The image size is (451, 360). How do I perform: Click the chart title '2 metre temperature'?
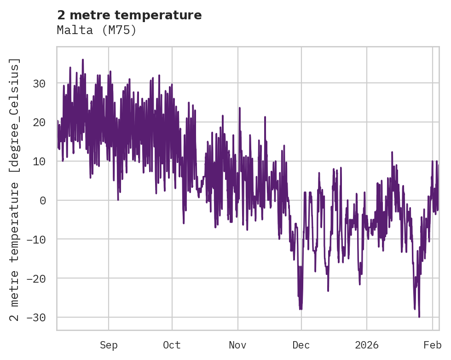(129, 15)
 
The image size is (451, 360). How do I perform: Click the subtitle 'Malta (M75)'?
(97, 30)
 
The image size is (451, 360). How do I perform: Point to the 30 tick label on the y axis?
(40, 83)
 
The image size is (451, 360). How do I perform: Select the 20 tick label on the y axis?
(40, 122)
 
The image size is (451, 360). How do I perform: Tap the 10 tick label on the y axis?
(40, 162)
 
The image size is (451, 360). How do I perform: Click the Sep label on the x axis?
(109, 345)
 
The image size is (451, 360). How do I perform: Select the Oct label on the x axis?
(172, 345)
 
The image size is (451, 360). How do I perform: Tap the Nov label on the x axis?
(238, 345)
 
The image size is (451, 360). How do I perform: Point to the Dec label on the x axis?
(301, 345)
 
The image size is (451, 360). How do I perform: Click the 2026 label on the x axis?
(367, 345)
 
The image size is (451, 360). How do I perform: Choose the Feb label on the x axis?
(433, 345)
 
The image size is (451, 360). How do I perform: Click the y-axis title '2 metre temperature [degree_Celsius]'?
(15, 190)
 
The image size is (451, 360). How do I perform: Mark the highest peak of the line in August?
(83, 59)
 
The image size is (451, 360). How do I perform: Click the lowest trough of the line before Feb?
(419, 317)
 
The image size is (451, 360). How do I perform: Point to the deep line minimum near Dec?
(301, 309)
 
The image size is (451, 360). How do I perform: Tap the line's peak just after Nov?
(240, 108)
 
